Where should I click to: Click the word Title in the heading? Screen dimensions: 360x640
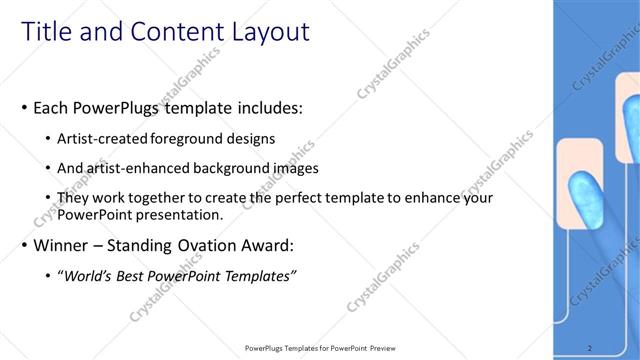coord(47,32)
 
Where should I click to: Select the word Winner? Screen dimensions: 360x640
coord(62,245)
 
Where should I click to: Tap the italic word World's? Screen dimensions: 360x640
coord(90,275)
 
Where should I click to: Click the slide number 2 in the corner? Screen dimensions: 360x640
coord(589,348)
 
